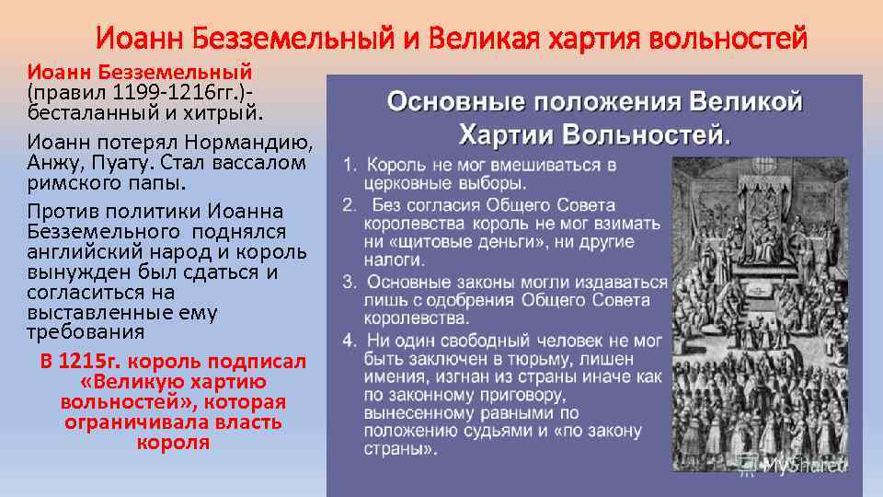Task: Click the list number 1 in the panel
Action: [x=350, y=166]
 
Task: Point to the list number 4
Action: [x=350, y=340]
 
